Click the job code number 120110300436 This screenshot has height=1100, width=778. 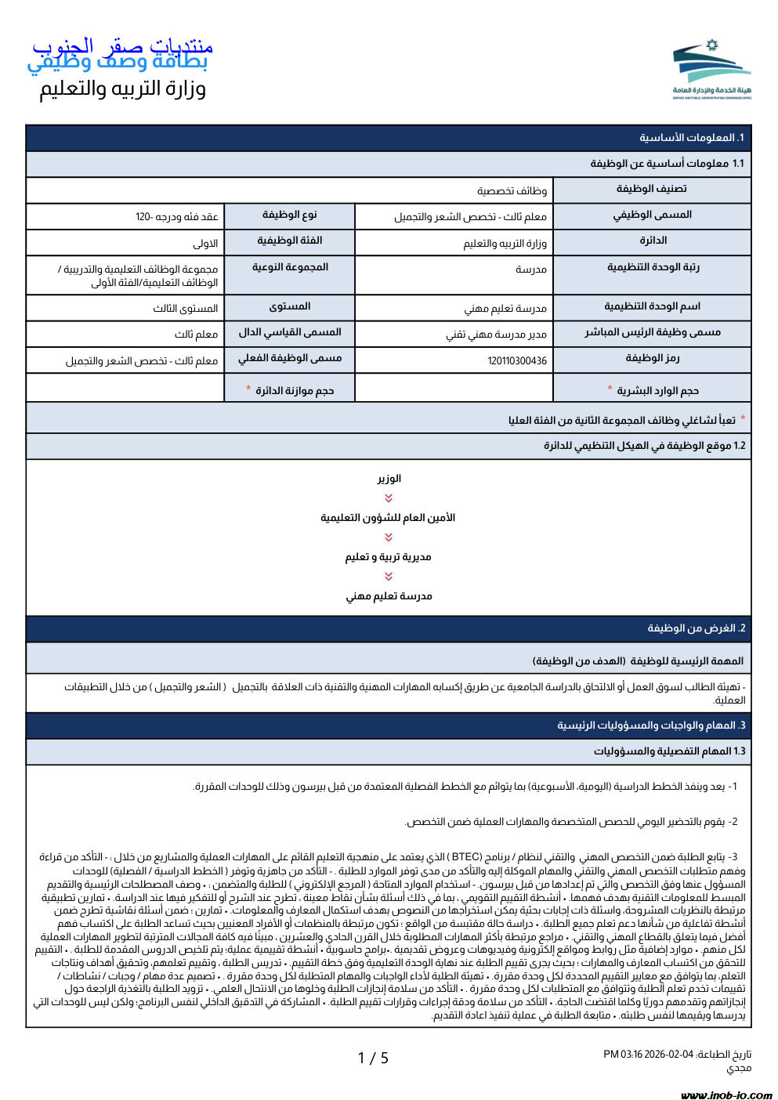517,361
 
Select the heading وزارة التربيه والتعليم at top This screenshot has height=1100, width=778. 123,89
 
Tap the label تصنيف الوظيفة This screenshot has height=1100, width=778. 651,189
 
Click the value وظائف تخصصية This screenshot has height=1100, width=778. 512,191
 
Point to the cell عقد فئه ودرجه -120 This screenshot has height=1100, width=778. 176,217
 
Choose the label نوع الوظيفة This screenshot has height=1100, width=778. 289,215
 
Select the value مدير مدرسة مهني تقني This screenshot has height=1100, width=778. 497,335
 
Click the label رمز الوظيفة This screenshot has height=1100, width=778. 652,359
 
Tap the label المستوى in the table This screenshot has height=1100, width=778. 289,307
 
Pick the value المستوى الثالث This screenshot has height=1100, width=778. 186,309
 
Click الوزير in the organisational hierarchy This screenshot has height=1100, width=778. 389,479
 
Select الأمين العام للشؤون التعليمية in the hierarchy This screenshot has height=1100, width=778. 388,518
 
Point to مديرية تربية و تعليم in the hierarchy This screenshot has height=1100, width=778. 388,557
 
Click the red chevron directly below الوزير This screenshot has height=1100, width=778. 389,498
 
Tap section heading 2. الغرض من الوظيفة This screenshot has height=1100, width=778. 696,628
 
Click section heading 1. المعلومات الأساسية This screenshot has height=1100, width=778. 691,138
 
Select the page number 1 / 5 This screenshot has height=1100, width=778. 373,1058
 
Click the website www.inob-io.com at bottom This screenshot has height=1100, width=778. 726,1095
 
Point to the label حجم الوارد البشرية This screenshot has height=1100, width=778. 657,390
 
